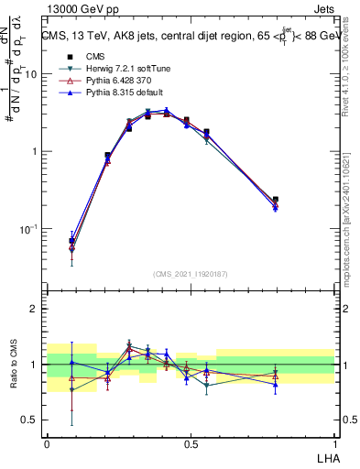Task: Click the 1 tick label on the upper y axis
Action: point(34,151)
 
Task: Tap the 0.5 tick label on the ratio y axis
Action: point(29,420)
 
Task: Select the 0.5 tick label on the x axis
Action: point(191,443)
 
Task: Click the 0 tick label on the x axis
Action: point(47,443)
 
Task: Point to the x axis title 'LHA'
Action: point(324,458)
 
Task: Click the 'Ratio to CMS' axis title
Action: point(13,365)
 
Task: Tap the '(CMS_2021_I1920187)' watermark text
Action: point(191,274)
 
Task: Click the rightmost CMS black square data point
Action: point(276,199)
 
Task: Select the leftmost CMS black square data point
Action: point(72,241)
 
